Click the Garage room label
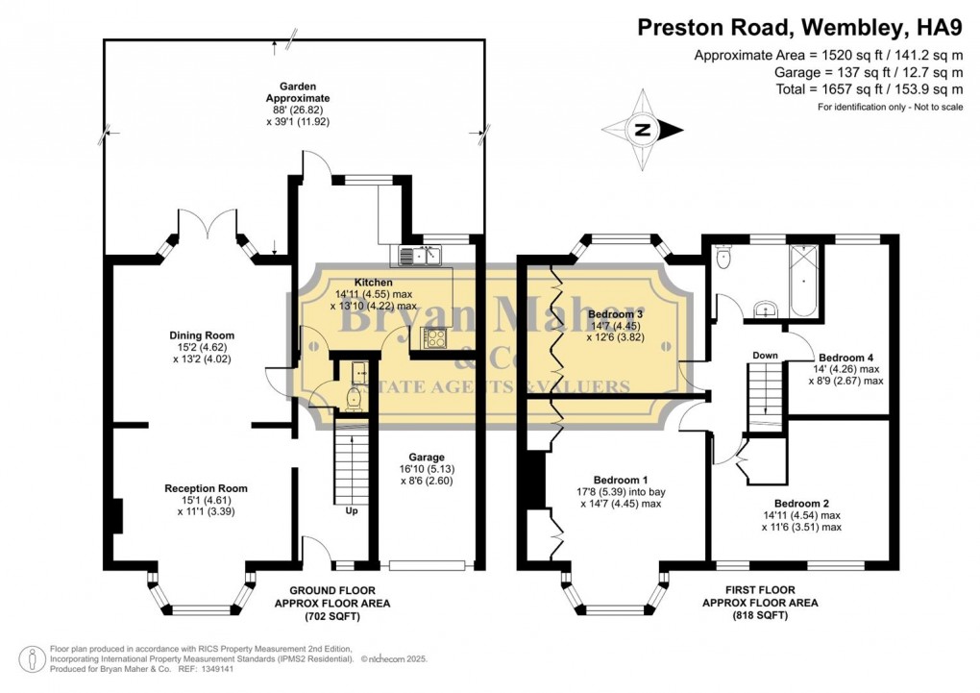(x=427, y=458)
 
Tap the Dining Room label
(x=202, y=335)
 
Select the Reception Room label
(x=207, y=488)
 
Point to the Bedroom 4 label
(x=846, y=358)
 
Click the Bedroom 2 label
(x=801, y=504)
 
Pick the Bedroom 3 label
(x=616, y=314)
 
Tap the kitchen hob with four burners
(x=435, y=338)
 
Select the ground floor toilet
(x=354, y=399)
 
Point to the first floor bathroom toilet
(x=723, y=257)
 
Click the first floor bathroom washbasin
(x=765, y=309)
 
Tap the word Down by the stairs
(x=765, y=356)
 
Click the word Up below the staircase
(x=352, y=511)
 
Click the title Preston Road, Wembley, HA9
(x=800, y=28)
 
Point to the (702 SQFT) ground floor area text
(x=332, y=617)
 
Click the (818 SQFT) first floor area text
(x=760, y=615)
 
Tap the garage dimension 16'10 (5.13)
(x=427, y=469)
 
